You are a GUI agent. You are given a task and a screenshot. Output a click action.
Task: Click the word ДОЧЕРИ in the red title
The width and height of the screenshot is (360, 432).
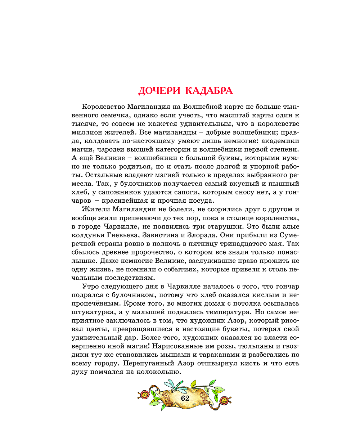pos(159,91)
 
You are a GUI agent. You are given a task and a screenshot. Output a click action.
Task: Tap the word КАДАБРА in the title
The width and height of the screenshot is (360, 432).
pos(209,91)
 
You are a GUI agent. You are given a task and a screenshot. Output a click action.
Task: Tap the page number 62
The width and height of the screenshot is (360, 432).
pos(185,398)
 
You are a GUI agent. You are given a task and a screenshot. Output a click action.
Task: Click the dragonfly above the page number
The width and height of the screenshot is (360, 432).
pos(176,386)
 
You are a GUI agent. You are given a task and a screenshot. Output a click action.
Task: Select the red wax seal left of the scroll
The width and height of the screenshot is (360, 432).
pos(144,394)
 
